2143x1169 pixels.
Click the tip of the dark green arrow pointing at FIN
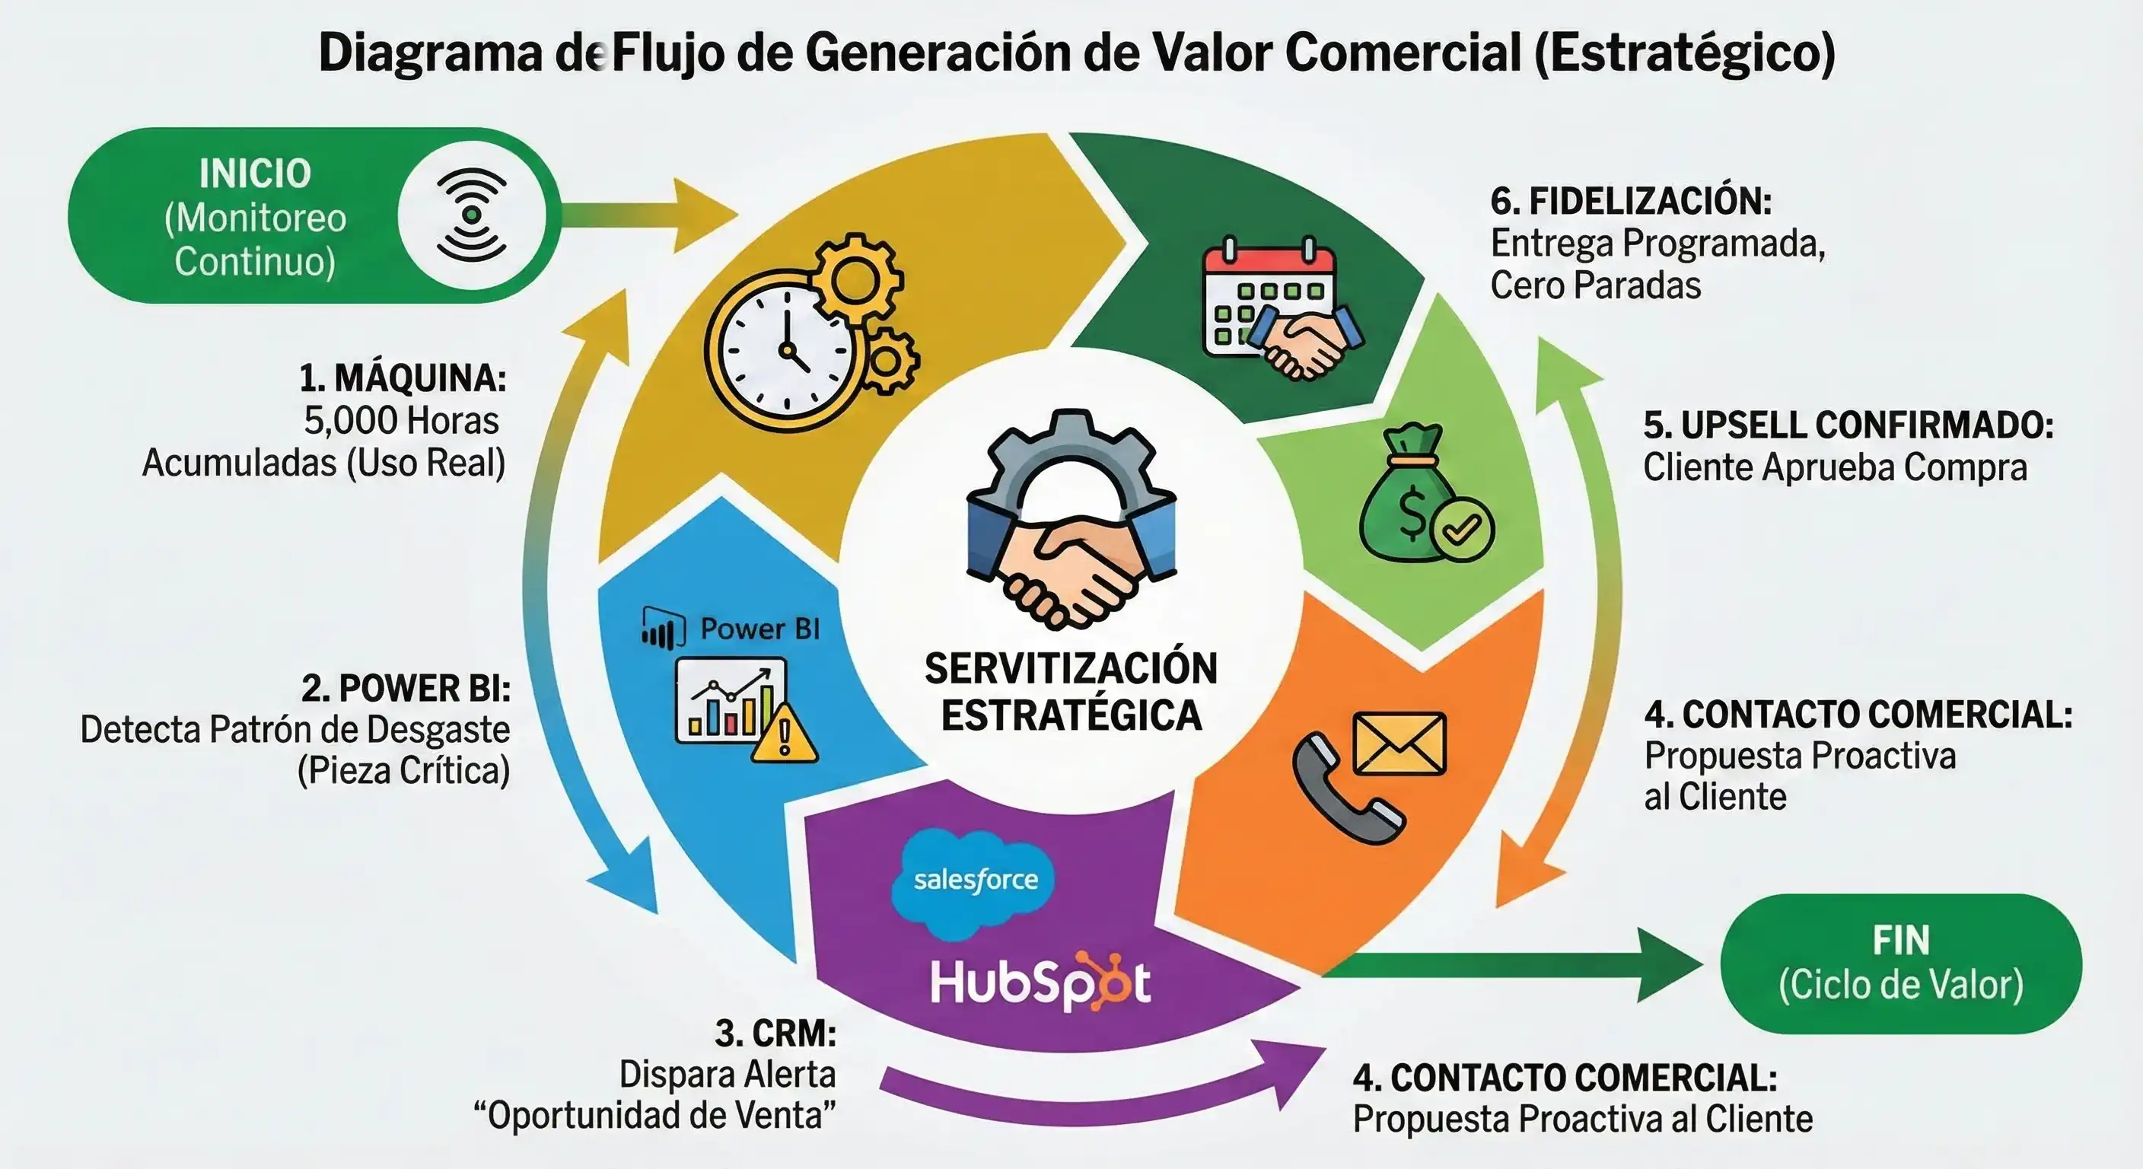pos(1703,965)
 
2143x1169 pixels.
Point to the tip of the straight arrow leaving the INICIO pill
pos(738,215)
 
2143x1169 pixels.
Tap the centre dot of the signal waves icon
pos(472,215)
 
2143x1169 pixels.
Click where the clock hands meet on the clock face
pos(785,350)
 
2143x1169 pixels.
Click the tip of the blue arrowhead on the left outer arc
pos(658,913)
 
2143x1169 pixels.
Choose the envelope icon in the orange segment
pos(1400,743)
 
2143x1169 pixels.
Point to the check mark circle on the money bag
pos(1462,528)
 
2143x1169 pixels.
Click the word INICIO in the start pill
pos(255,174)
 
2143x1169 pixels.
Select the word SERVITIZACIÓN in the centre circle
pos(1071,668)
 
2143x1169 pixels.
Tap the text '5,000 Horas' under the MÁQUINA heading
pos(401,420)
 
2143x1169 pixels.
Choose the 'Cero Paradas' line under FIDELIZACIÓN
pos(1596,285)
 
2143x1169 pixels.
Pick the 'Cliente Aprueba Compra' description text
pos(1836,467)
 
